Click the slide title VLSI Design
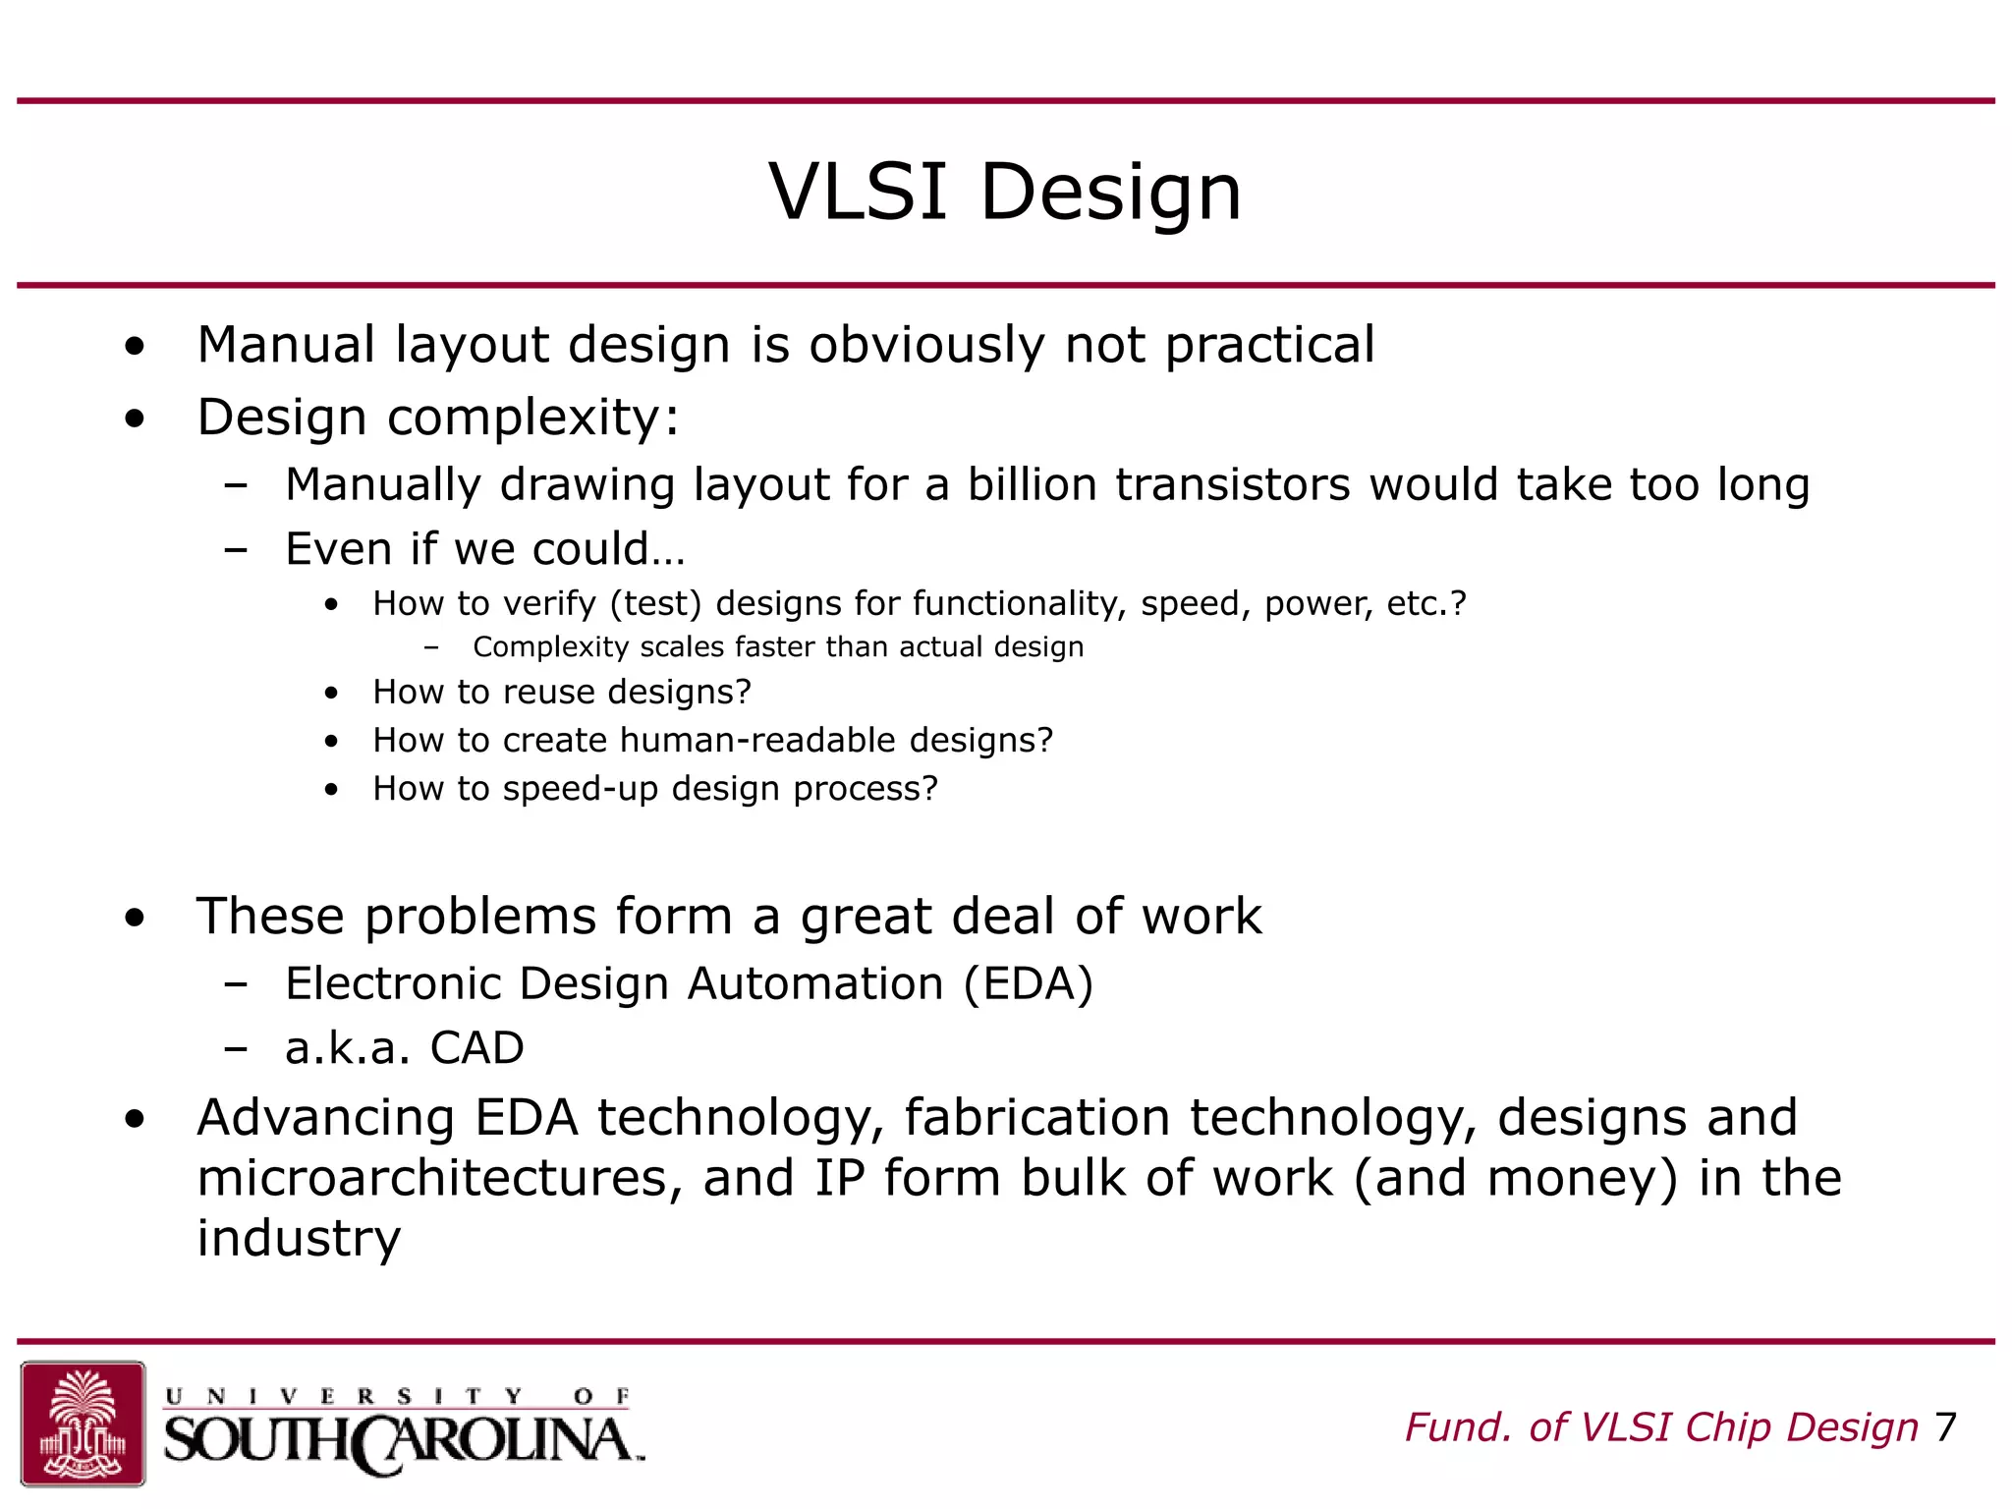click(1005, 192)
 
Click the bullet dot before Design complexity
click(135, 419)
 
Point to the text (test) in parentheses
click(656, 603)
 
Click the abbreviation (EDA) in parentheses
click(1028, 984)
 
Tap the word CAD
click(476, 1048)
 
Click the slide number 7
click(1945, 1427)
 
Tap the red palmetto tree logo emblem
click(83, 1424)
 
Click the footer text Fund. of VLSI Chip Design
click(1661, 1427)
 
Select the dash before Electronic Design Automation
click(235, 984)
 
